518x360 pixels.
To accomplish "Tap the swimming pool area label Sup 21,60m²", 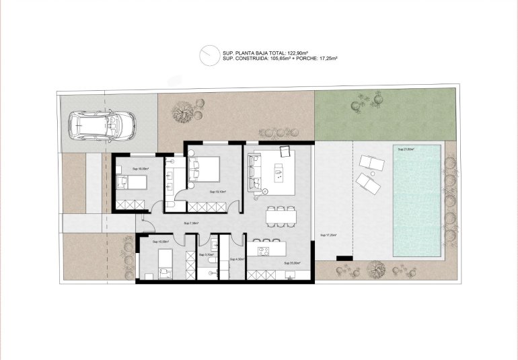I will coord(406,149).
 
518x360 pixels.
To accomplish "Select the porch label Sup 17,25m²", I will coord(328,235).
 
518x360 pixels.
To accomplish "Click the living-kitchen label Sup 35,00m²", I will coord(291,263).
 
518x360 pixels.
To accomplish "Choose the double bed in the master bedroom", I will coord(205,170).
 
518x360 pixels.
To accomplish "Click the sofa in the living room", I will coord(254,172).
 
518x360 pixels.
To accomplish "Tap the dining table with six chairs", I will coord(281,215).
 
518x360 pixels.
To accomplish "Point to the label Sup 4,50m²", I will coord(236,259).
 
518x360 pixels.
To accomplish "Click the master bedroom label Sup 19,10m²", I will coord(217,192).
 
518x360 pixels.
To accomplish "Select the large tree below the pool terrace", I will coord(374,270).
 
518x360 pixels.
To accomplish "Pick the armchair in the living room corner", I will coord(285,151).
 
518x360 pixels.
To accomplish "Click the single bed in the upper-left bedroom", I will coord(131,180).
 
